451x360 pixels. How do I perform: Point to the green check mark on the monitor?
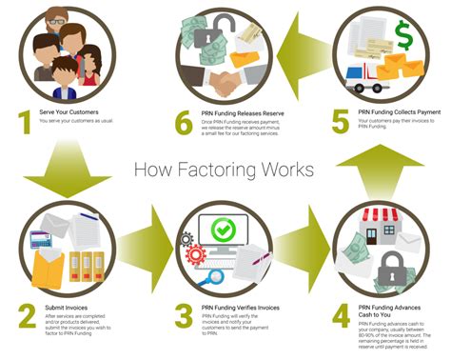pos(224,230)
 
